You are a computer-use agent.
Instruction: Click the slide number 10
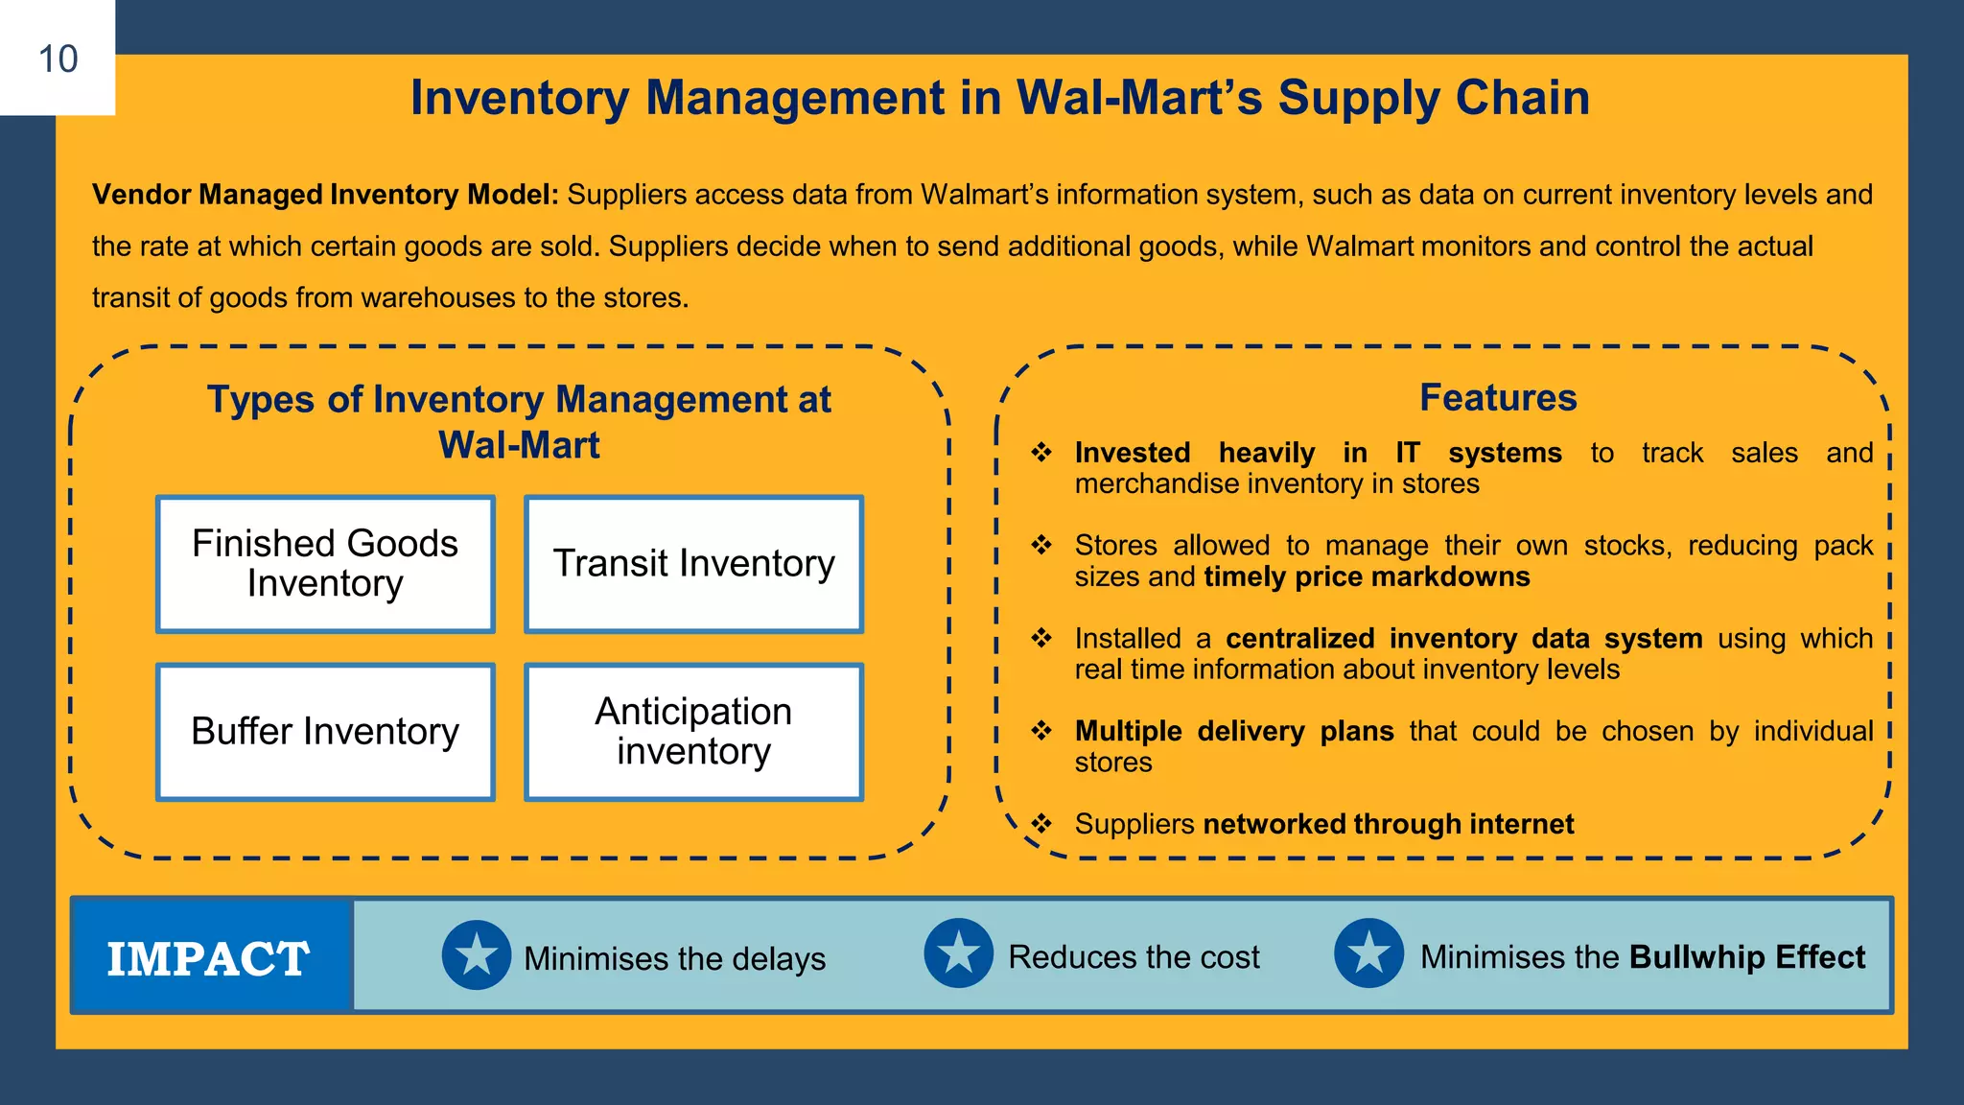(x=58, y=59)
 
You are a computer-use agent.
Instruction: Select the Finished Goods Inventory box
(x=325, y=564)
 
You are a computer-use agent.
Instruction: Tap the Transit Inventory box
(x=693, y=564)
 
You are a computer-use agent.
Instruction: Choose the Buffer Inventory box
(x=325, y=732)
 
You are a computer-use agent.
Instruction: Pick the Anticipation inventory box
(x=693, y=732)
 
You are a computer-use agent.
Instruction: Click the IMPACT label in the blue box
(x=208, y=958)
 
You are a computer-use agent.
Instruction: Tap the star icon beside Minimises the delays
(x=477, y=955)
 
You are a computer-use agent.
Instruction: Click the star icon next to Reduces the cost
(x=958, y=953)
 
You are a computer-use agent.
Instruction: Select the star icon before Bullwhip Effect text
(x=1368, y=953)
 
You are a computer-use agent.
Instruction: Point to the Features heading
(x=1498, y=397)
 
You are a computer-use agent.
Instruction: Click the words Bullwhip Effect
(x=1746, y=957)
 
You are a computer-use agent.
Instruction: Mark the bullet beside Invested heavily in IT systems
(x=1041, y=453)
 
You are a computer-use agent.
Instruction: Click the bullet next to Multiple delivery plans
(x=1041, y=731)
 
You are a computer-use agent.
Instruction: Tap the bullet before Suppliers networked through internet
(x=1041, y=824)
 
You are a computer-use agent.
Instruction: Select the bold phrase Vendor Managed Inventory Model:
(x=325, y=195)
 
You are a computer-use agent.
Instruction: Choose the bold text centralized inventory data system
(x=1463, y=638)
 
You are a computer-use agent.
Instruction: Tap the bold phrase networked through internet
(x=1388, y=824)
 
